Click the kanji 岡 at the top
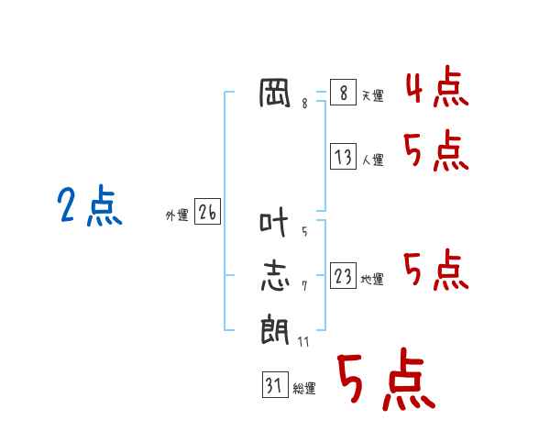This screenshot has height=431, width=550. click(x=275, y=93)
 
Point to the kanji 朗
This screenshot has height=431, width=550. click(x=275, y=329)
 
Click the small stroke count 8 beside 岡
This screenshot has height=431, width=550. click(x=304, y=104)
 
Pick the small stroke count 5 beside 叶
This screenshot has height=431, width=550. click(x=304, y=232)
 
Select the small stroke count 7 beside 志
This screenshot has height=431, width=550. click(x=304, y=286)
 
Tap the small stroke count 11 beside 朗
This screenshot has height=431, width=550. click(x=303, y=342)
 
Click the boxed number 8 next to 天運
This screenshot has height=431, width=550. click(x=344, y=92)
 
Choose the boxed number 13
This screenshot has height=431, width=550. click(x=344, y=156)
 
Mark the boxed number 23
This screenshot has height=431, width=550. click(x=344, y=275)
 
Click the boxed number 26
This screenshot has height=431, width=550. click(x=208, y=211)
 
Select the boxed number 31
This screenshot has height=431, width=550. click(x=275, y=384)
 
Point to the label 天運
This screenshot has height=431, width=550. click(x=373, y=95)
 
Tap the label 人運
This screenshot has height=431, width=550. click(x=373, y=160)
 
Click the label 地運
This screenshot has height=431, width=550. click(x=372, y=280)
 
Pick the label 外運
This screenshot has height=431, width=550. click(x=177, y=215)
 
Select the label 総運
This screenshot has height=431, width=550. click(x=304, y=389)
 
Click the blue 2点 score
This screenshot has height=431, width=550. click(x=90, y=205)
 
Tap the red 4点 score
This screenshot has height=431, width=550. click(x=437, y=86)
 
